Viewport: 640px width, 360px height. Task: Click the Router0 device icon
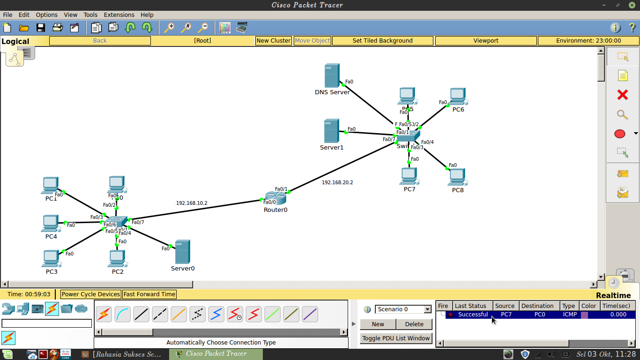tap(275, 198)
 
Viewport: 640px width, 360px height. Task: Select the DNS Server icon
tap(332, 76)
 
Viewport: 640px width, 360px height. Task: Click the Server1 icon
tap(331, 131)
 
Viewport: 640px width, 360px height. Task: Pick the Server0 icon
tap(182, 252)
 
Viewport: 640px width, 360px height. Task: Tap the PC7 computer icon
tap(409, 176)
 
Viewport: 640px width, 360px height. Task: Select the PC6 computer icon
tap(458, 97)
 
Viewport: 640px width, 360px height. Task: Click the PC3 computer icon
tap(51, 258)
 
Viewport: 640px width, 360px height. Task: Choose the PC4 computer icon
tap(51, 223)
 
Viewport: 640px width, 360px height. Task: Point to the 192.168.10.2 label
tap(192, 203)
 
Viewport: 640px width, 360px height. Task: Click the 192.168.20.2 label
tap(337, 182)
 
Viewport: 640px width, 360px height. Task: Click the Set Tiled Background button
tap(382, 41)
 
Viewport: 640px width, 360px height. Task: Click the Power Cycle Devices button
tap(91, 294)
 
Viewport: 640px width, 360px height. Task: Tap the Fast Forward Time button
tap(149, 294)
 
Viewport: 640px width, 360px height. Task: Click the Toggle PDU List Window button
tap(396, 338)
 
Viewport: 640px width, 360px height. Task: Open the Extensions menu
tap(119, 15)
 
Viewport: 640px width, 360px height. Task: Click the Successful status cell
tap(473, 315)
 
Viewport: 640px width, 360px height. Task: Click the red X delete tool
tap(623, 95)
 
